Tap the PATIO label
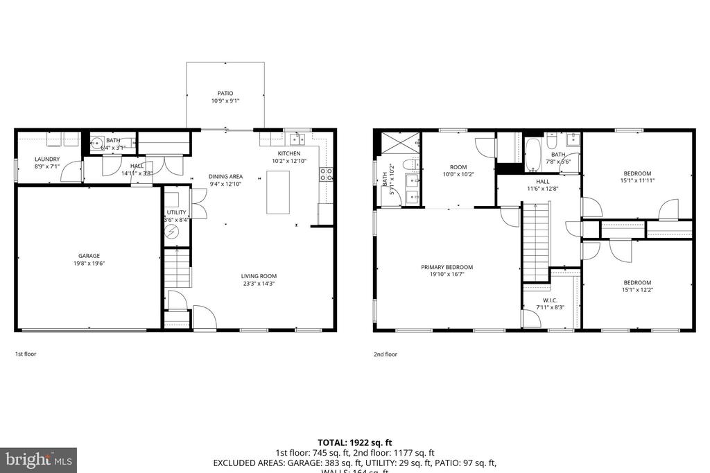click(225, 93)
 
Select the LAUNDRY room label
click(47, 159)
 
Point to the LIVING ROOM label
click(259, 276)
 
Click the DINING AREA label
click(225, 176)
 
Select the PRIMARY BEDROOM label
click(447, 267)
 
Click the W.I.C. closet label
click(551, 300)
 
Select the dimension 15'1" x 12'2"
click(637, 291)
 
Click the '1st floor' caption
click(26, 354)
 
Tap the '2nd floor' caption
click(386, 354)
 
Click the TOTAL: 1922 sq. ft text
click(354, 442)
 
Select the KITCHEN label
click(289, 153)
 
